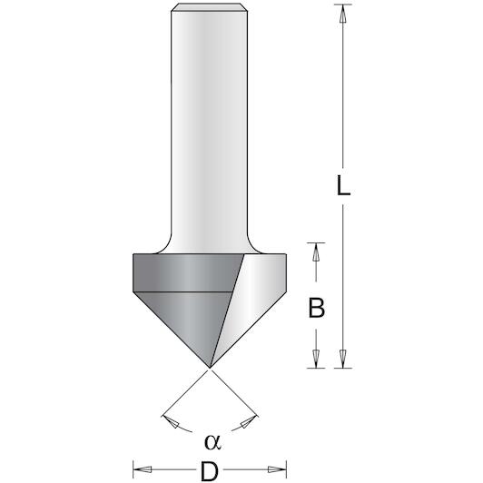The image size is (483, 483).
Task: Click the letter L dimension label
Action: coord(343,185)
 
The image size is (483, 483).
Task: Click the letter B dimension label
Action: coord(316,308)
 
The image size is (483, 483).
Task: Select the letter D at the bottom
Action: coord(210,470)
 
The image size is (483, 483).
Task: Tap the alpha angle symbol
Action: coord(212,442)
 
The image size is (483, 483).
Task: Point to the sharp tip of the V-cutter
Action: coord(210,368)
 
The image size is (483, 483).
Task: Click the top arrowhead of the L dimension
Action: coord(342,14)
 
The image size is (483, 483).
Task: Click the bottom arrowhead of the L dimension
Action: coord(342,359)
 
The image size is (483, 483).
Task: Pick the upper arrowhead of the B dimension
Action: coord(316,252)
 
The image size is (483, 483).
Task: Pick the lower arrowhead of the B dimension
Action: coord(316,359)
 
